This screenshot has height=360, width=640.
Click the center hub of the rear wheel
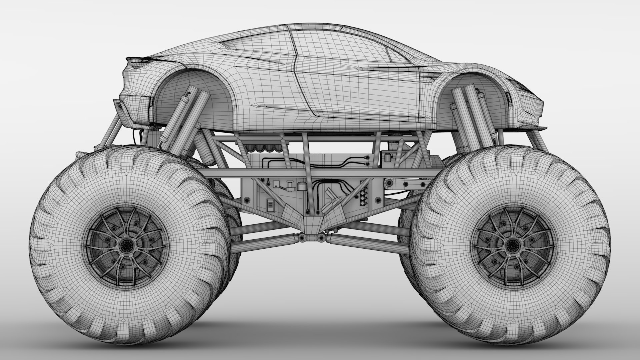point(126,246)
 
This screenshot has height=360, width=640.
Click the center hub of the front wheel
point(511,246)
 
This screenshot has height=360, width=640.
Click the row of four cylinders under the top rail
point(263,147)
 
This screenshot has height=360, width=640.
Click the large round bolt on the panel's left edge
point(247,200)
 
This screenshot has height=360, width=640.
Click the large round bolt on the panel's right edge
point(378,200)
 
